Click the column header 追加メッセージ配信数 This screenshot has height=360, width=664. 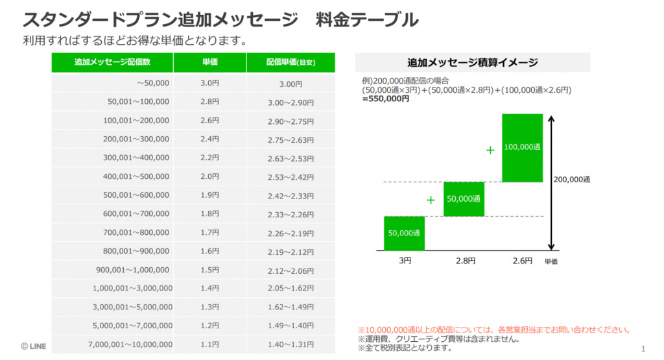click(x=112, y=62)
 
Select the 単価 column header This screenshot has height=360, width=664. click(x=209, y=62)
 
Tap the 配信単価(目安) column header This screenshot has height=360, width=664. click(x=290, y=62)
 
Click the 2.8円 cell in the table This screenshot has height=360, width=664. click(x=209, y=102)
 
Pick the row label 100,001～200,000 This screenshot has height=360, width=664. click(x=136, y=121)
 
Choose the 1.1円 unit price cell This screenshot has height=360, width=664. click(x=209, y=344)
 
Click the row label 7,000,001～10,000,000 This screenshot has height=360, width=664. click(x=130, y=344)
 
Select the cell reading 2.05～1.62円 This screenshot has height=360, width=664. click(x=290, y=289)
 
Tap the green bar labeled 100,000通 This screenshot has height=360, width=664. click(x=523, y=147)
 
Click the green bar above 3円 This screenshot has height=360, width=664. click(x=404, y=233)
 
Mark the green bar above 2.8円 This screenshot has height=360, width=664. click(x=464, y=198)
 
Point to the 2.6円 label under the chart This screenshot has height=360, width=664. click(x=522, y=261)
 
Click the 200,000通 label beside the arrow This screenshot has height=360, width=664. click(x=573, y=180)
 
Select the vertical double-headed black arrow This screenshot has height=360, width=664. click(x=551, y=182)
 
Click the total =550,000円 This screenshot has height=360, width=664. click(x=386, y=99)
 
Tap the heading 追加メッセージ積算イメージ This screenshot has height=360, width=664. click(x=472, y=62)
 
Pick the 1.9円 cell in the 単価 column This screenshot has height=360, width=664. click(x=209, y=195)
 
